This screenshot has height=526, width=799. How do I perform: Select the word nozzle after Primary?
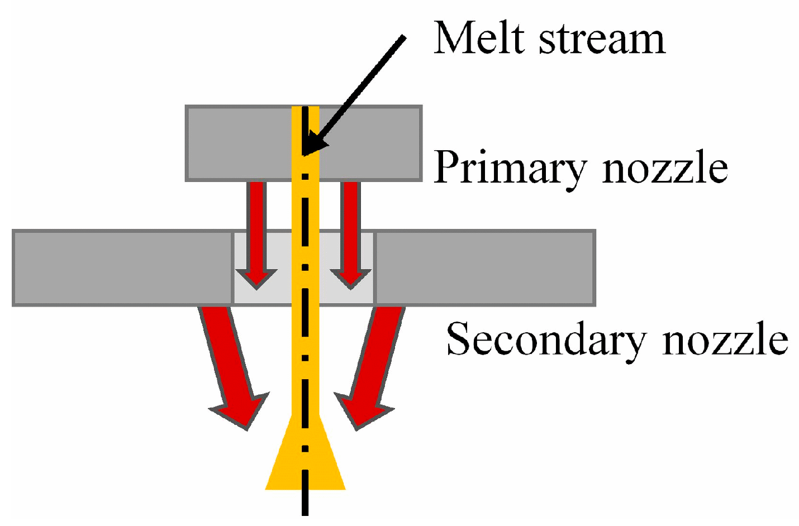click(665, 168)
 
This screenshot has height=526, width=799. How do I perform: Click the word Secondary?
click(545, 339)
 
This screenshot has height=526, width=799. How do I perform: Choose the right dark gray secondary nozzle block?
click(485, 268)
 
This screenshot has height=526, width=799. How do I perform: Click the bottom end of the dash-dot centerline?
click(305, 513)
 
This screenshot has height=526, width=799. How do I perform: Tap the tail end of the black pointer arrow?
click(403, 38)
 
